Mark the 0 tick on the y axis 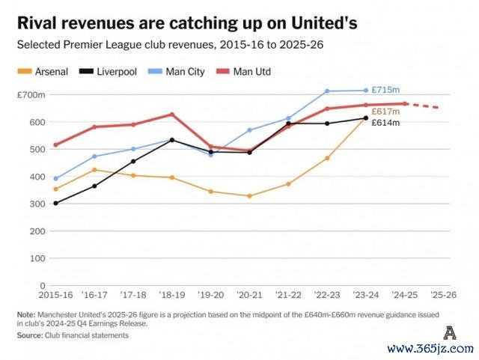[x=41, y=285]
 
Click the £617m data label [x=385, y=111]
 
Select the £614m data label [x=385, y=122]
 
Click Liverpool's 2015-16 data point [x=55, y=203]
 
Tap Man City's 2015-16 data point [x=55, y=179]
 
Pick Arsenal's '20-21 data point [x=249, y=196]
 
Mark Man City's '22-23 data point [x=327, y=91]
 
